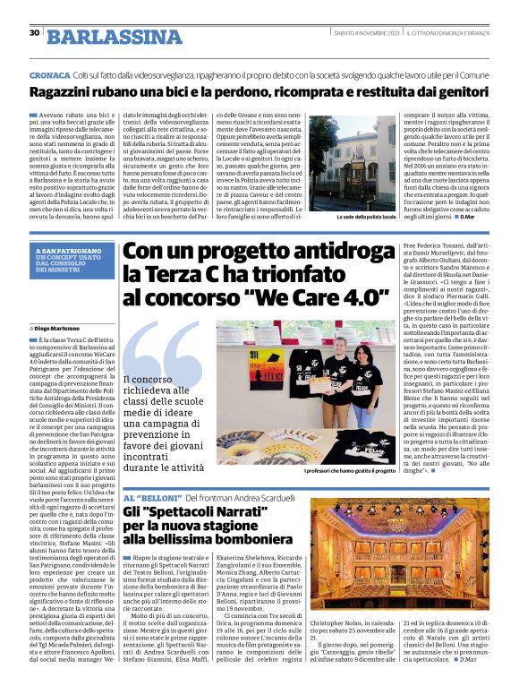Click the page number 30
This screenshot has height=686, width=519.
[34, 33]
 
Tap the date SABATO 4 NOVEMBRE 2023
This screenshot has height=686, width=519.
[354, 33]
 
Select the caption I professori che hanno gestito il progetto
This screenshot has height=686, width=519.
[350, 471]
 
